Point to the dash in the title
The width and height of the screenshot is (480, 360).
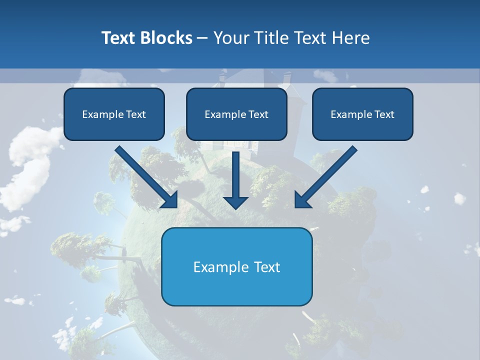[202, 38]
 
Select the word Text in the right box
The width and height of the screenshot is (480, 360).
[384, 114]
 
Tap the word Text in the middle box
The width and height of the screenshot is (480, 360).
[258, 114]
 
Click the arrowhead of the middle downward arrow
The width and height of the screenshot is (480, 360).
[235, 202]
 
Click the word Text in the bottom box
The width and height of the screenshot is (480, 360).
[267, 267]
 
